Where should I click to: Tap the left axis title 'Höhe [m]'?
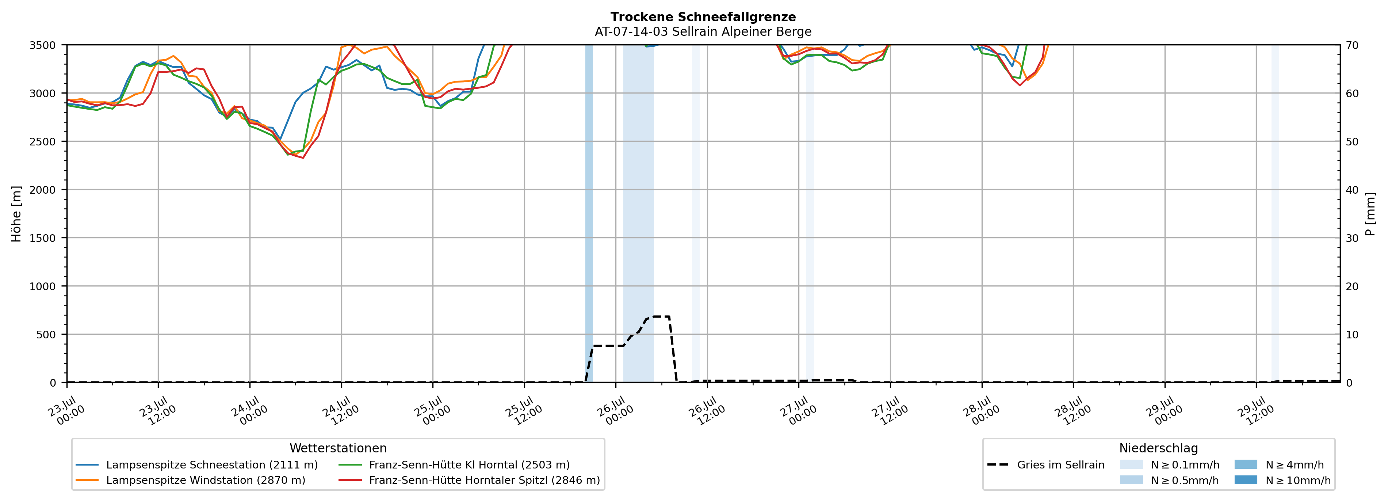[x=17, y=213]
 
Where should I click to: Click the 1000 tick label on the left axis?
[x=43, y=286]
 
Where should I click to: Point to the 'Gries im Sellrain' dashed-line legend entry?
[x=1046, y=465]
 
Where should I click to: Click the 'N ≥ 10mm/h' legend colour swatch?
[x=1245, y=480]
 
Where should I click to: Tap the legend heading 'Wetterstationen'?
[x=338, y=448]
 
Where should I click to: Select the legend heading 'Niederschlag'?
[x=1158, y=448]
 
